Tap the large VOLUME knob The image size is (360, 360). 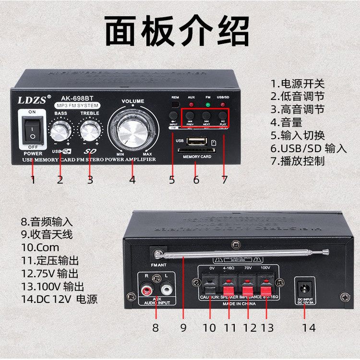[x=132, y=129]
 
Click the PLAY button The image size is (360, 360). [x=223, y=115]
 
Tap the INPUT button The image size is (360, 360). [x=173, y=115]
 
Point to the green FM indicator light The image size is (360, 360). [x=208, y=104]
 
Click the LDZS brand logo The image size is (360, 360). [x=32, y=100]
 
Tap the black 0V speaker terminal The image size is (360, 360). [x=210, y=288]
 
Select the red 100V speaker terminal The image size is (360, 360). [x=265, y=288]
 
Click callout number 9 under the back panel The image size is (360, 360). [x=183, y=328]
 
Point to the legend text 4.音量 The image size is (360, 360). [x=287, y=122]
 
